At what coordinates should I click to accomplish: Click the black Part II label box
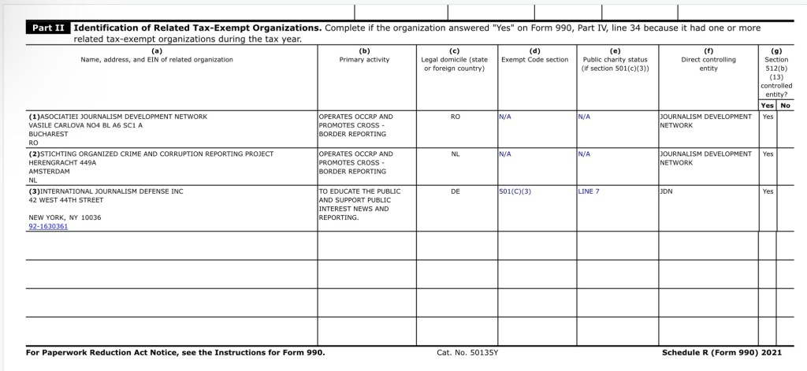(x=48, y=28)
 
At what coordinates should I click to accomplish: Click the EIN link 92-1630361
(x=48, y=226)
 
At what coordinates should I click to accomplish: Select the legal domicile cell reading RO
(x=455, y=117)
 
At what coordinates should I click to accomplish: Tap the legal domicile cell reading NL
(x=455, y=154)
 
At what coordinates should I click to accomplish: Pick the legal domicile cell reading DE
(x=455, y=191)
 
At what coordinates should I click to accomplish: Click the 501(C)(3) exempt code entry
(x=515, y=191)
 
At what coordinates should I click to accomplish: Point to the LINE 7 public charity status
(x=589, y=191)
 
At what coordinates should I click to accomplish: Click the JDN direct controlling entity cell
(x=666, y=191)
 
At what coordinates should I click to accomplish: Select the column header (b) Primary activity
(x=364, y=55)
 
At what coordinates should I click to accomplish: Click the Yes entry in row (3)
(x=768, y=191)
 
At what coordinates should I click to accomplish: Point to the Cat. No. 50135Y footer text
(x=467, y=352)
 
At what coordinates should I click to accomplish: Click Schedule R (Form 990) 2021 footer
(x=721, y=352)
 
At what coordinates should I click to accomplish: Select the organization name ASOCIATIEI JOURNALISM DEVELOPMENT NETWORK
(x=117, y=117)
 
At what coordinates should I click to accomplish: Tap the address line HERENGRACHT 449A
(x=62, y=162)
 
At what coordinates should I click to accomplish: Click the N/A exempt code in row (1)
(x=505, y=117)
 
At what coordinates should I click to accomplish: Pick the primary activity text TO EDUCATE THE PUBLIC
(x=359, y=191)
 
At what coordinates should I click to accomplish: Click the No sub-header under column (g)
(x=785, y=105)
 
